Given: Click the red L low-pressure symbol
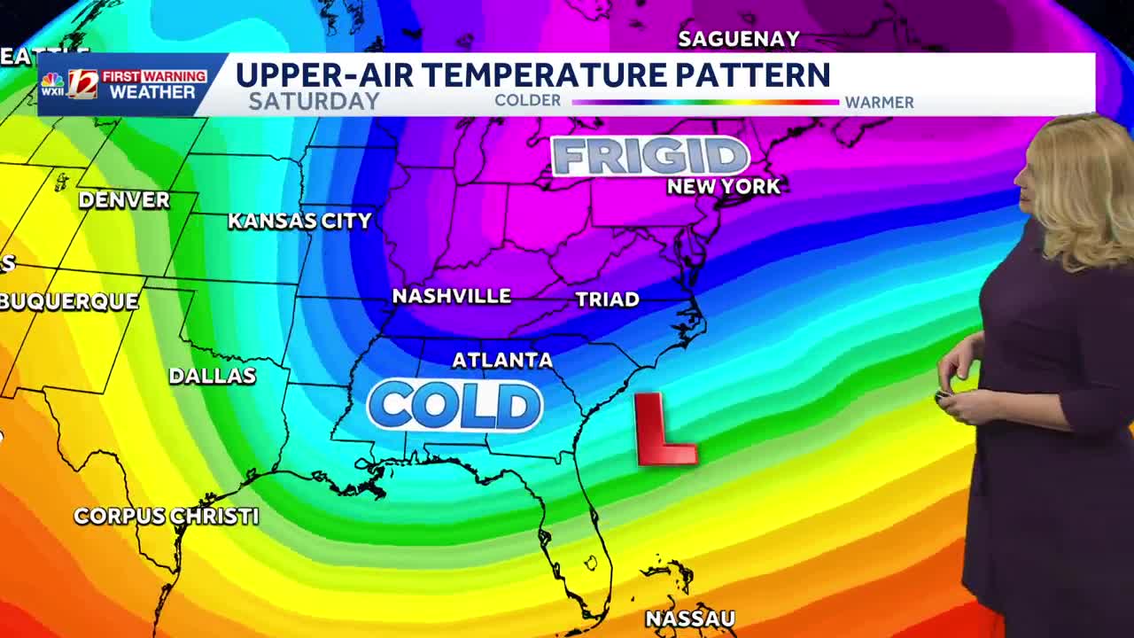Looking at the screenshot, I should pos(664,431).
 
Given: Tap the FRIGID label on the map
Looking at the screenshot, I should pos(650,157).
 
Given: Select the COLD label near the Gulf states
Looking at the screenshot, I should pos(455,406).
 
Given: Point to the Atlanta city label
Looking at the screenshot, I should pos(502,360).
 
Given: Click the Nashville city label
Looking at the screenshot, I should pos(452,296).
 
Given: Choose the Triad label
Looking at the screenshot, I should pos(608,300).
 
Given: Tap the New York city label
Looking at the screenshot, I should pos(724,186).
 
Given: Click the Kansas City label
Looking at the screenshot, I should pos(299,221).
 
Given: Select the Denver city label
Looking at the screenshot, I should pos(124,200).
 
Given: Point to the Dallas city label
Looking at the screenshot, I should pos(213,376).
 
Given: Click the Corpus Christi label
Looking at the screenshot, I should pos(167,516).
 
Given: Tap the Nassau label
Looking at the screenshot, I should pos(690,619).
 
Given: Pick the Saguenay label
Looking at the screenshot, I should pos(739,39).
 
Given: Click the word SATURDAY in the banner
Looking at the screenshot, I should pos(315,101).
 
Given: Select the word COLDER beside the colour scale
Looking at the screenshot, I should pos(528,101).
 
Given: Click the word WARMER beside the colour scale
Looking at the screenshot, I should pos(879,102).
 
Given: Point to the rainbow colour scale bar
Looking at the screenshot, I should pos(705,102).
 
